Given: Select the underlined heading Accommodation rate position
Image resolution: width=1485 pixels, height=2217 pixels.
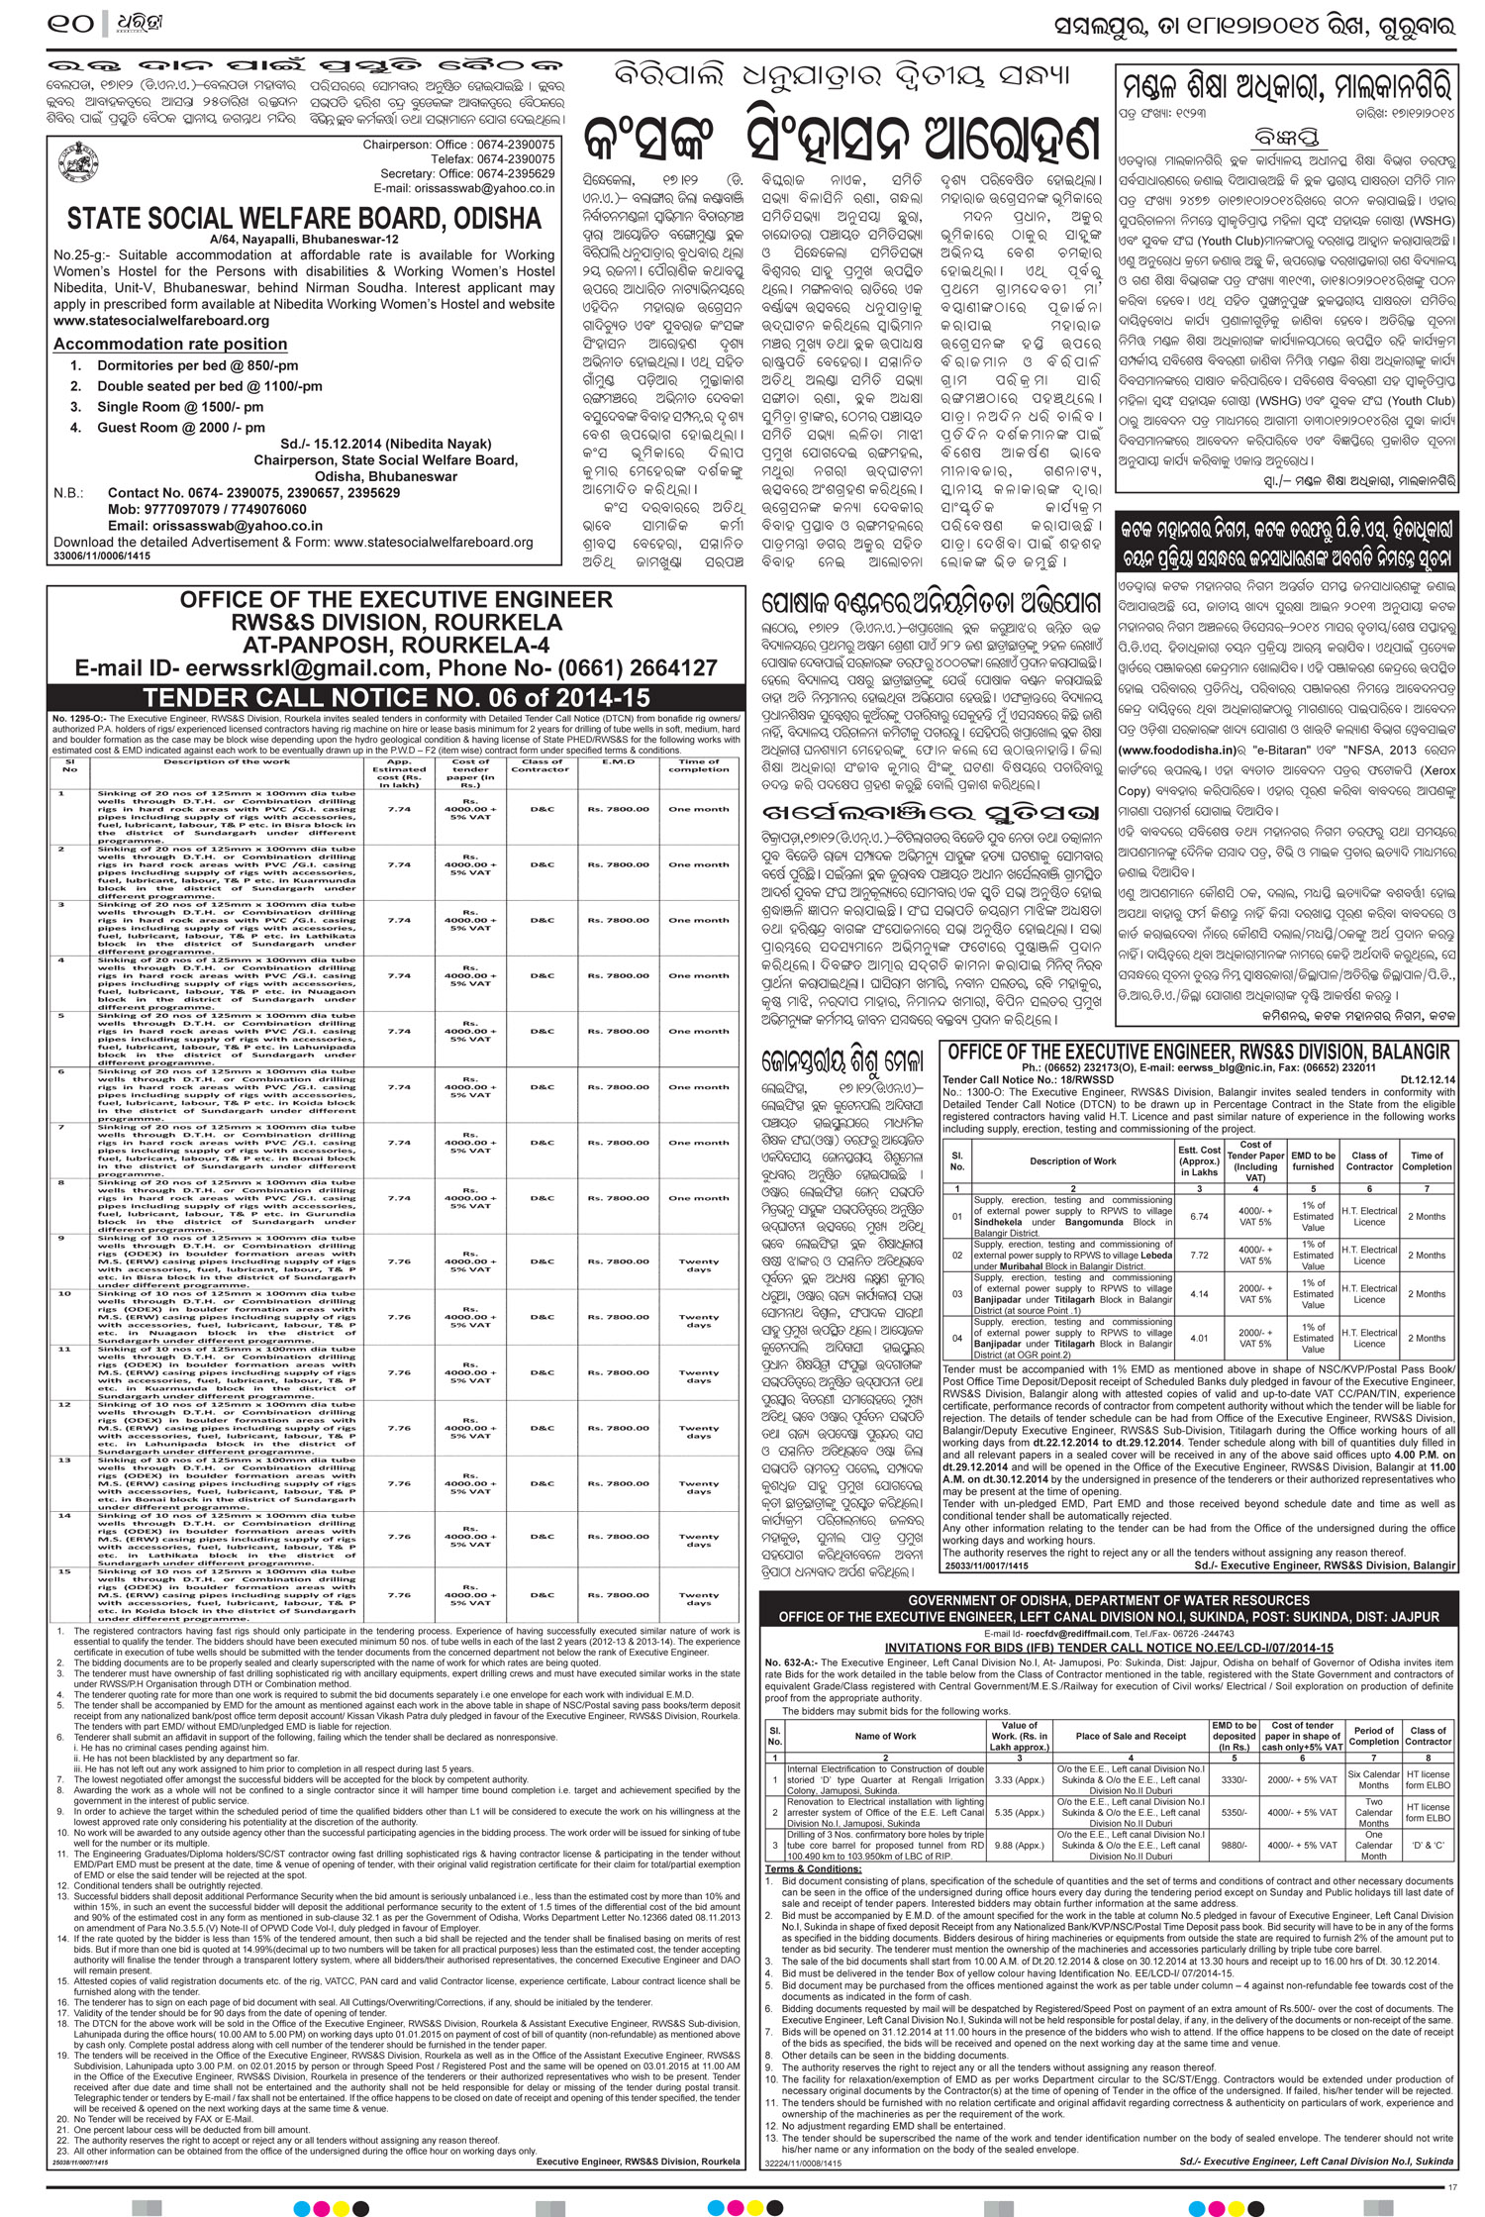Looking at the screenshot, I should click(x=169, y=344).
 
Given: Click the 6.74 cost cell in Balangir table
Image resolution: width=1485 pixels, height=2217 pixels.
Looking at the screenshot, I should click(x=1198, y=1216).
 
